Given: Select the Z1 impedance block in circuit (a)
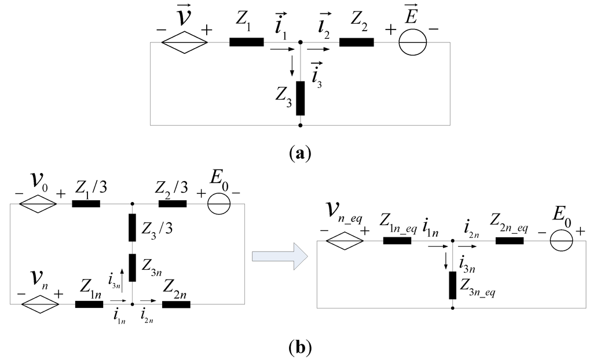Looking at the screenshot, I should point(247,42).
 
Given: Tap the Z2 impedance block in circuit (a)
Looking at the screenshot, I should point(356,42).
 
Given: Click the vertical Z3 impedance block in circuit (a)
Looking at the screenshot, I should point(300,98).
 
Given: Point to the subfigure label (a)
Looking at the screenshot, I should point(300,153).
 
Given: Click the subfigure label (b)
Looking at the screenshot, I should point(300,348).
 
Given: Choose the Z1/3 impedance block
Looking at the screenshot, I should point(86,204).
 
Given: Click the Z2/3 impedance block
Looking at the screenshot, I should point(173,204).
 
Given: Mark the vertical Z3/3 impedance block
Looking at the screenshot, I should point(133,227).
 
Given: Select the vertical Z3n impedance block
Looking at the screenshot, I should point(133,267).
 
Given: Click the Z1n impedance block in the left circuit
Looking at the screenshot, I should point(89,303).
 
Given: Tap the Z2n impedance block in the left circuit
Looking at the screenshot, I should point(177,303).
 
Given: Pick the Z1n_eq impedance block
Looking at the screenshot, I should point(397,240).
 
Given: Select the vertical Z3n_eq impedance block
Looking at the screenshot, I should point(452,284).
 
